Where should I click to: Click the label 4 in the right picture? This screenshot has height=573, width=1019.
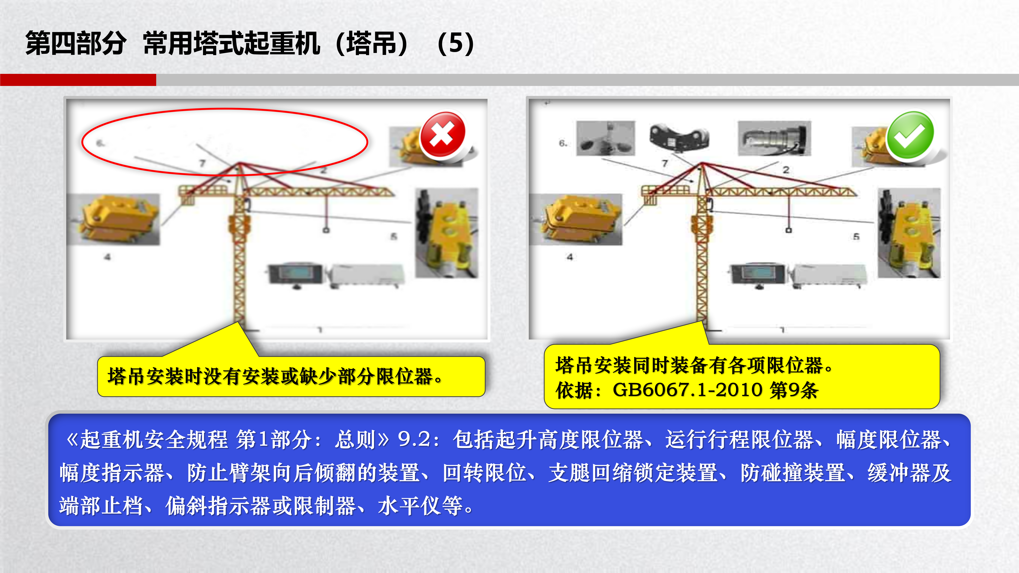pyautogui.click(x=570, y=257)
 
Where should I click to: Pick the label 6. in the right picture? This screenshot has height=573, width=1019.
pyautogui.click(x=563, y=143)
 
